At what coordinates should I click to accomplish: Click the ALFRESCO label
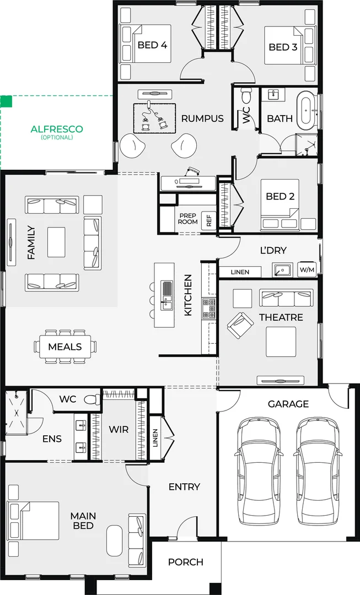coord(57,129)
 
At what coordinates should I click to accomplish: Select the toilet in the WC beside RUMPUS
coord(246,95)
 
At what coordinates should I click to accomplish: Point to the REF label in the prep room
coord(209,220)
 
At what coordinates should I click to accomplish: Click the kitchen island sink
coord(167,296)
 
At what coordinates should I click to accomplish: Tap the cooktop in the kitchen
coord(209,309)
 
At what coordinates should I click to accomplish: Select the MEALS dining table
coord(65,347)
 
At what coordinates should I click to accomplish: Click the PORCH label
coord(186,562)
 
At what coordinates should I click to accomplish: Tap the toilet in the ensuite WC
coord(92,399)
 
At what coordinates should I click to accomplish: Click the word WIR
coord(119,430)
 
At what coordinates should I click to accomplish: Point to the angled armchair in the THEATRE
coord(240,325)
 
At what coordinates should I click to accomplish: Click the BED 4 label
coord(152,45)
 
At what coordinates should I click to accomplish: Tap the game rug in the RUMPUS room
coord(154,118)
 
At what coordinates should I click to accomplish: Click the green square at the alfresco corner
coord(6,101)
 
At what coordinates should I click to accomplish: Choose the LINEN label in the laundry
coord(240,272)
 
